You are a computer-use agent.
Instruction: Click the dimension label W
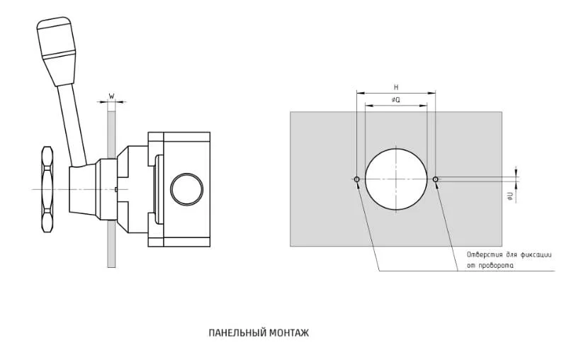111,96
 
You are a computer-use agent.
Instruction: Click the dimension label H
396,87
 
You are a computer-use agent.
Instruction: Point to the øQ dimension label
396,100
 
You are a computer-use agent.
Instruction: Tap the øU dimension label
509,196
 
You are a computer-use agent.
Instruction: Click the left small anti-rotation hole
357,179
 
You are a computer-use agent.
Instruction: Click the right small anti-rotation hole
435,179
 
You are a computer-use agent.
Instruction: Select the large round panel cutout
396,179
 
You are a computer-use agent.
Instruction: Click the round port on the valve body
186,189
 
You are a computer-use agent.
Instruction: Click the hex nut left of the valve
47,189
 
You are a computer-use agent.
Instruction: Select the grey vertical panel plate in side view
111,189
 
